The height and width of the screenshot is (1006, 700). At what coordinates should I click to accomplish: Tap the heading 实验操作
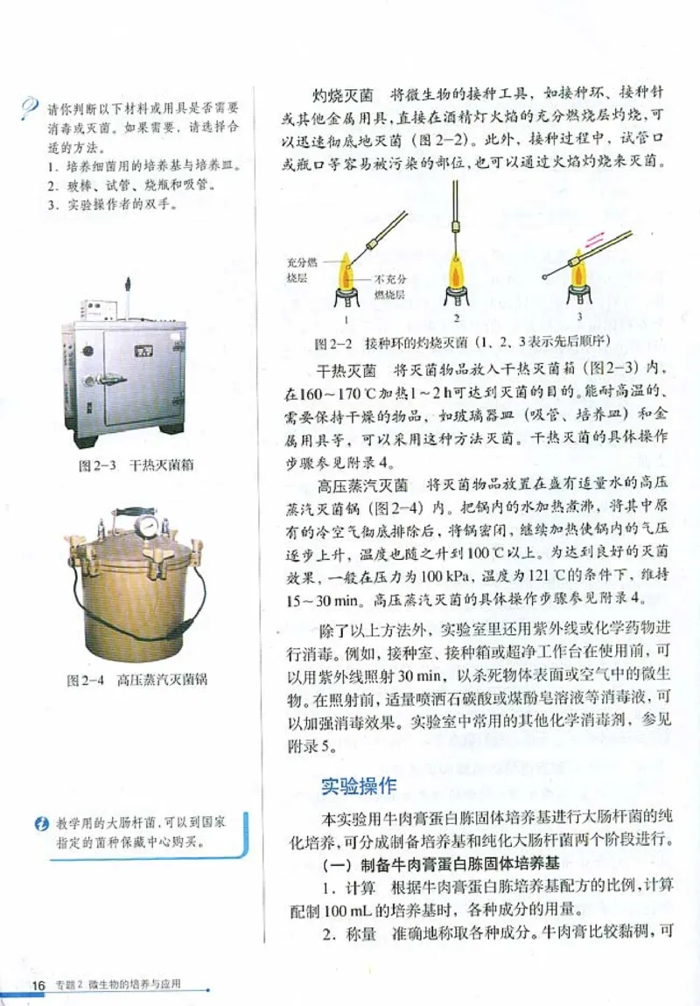[359, 785]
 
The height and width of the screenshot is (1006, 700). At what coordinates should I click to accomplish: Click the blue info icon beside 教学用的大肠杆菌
[41, 822]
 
